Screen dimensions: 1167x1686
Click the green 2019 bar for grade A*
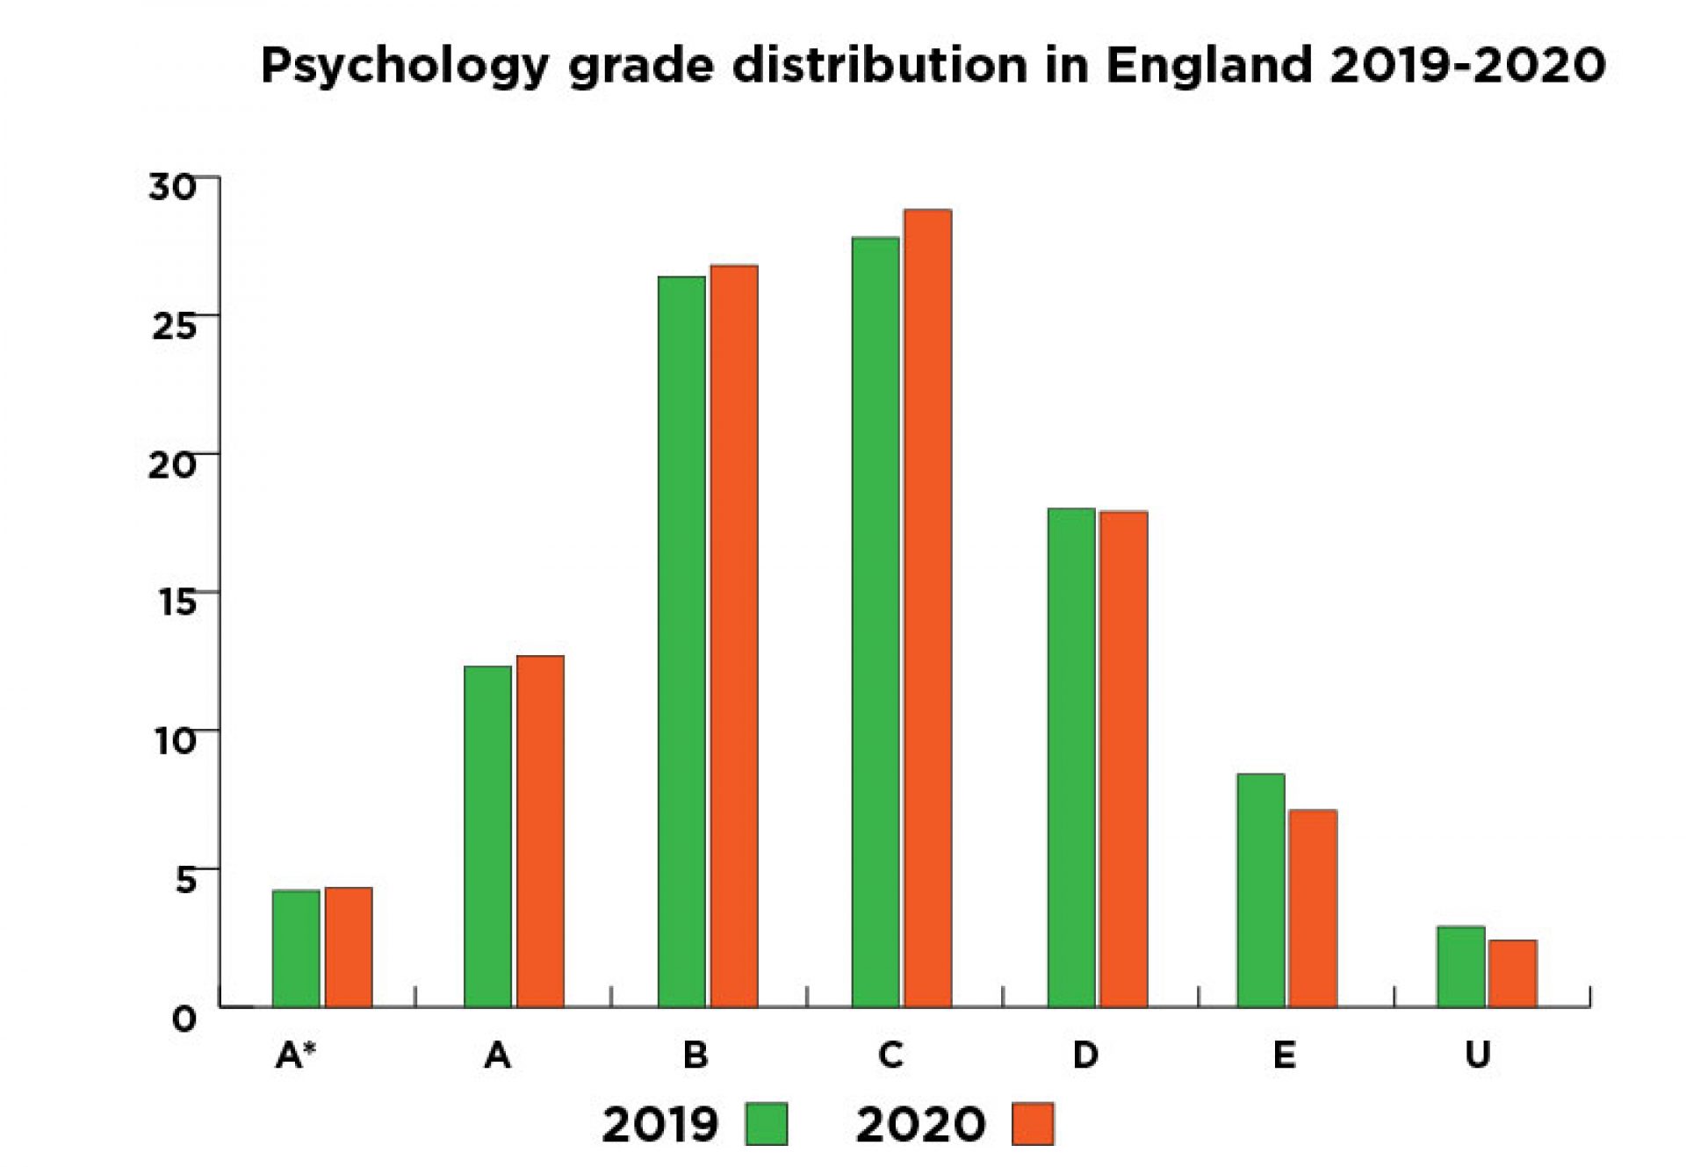[x=296, y=948]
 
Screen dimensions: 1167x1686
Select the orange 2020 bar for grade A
[x=540, y=831]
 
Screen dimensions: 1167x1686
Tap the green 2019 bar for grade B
[x=681, y=641]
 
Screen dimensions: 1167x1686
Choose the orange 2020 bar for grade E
[x=1313, y=908]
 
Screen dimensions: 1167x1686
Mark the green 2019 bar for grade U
[x=1461, y=966]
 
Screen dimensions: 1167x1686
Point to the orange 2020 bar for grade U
[x=1513, y=973]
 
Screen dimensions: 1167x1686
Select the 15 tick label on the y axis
[x=173, y=602]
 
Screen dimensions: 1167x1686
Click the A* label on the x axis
[x=296, y=1055]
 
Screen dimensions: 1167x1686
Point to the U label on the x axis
[x=1478, y=1055]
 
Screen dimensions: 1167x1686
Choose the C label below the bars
[x=890, y=1055]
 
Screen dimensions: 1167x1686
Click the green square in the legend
[x=766, y=1124]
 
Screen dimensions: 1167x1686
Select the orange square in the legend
[x=1033, y=1124]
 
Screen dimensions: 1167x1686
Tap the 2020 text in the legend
[x=920, y=1124]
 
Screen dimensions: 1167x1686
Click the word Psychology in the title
[x=406, y=67]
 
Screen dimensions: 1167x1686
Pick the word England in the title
[x=1208, y=67]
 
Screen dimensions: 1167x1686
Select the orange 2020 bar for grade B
[x=734, y=636]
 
